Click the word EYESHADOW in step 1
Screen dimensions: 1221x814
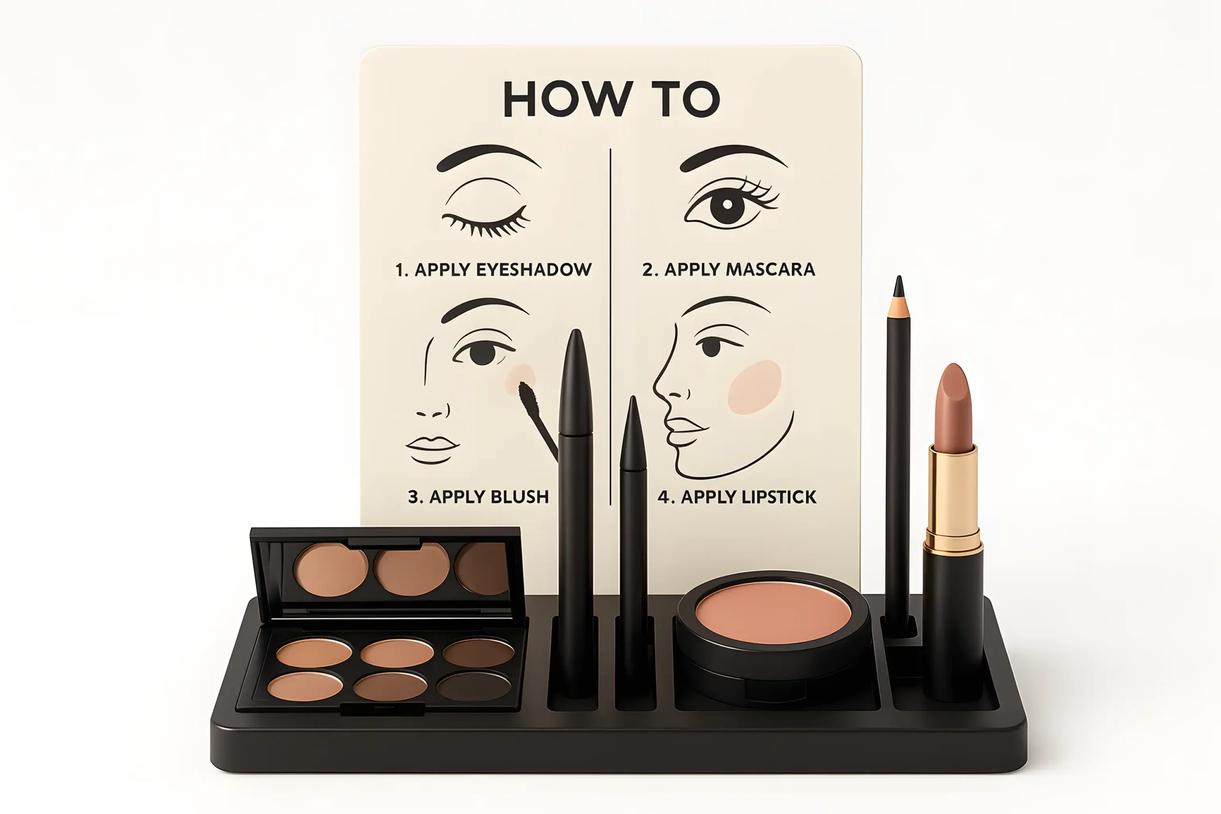(534, 269)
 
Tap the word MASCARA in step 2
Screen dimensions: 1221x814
(770, 269)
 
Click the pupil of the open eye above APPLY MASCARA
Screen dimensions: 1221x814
(727, 205)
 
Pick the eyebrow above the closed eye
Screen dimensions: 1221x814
(488, 158)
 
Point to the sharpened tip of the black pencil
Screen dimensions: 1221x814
(899, 287)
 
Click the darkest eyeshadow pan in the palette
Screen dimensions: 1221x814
(474, 686)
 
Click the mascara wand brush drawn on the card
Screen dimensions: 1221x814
(529, 400)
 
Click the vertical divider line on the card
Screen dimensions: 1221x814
(610, 327)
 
